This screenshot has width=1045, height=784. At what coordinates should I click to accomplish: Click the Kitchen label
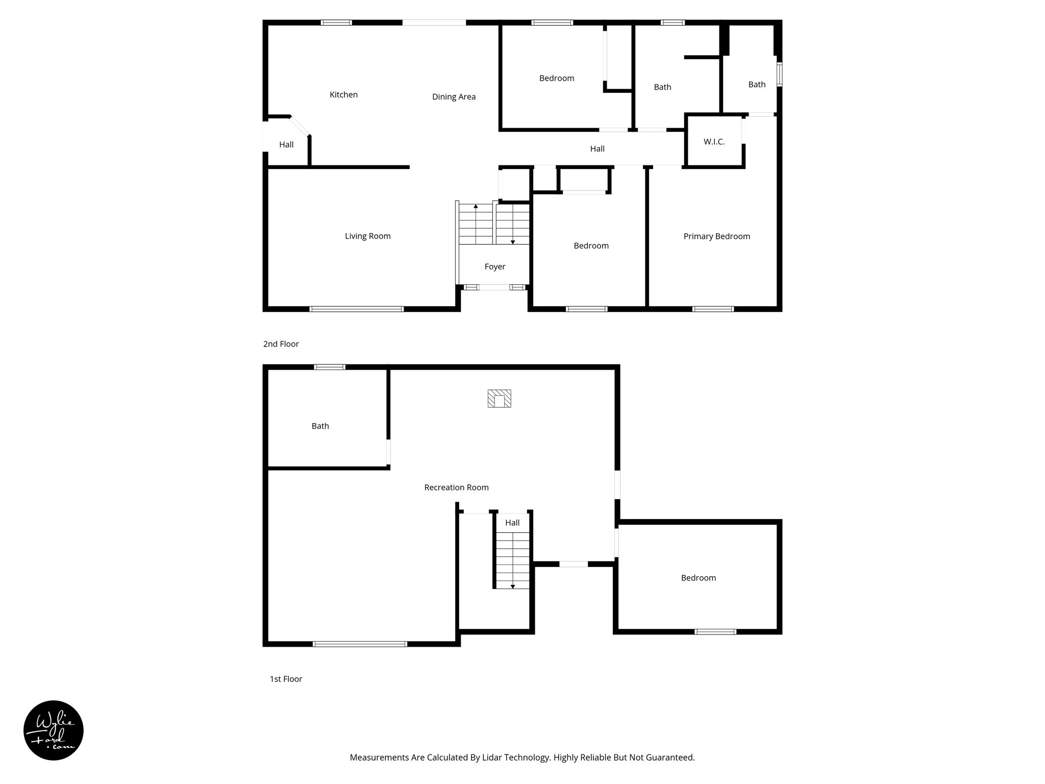(343, 94)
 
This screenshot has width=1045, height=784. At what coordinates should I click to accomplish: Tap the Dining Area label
(454, 96)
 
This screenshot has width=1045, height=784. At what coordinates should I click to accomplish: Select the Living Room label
(367, 236)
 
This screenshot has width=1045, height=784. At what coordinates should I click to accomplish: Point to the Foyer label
(494, 266)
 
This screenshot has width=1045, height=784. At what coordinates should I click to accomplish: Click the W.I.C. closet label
(714, 141)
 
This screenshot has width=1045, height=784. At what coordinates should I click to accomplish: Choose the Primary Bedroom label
(716, 236)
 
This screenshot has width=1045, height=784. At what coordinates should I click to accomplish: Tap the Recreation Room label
(456, 487)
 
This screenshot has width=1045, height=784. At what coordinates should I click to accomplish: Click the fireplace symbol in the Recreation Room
(499, 399)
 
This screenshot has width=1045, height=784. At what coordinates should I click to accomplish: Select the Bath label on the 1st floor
(320, 426)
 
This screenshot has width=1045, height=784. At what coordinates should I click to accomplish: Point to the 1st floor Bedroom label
(698, 578)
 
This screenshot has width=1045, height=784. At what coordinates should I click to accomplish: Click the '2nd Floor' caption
(281, 344)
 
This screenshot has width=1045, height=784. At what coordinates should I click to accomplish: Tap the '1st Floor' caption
(286, 679)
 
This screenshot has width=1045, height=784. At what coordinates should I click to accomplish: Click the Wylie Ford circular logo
(54, 730)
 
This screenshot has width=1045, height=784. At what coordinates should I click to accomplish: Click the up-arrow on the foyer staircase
(476, 207)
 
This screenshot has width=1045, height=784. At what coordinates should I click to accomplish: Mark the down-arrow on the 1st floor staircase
(512, 586)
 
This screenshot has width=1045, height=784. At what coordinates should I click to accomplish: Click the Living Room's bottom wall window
(356, 309)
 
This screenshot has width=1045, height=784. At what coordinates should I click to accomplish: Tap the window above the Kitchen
(336, 22)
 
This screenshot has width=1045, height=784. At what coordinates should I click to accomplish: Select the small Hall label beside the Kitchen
(286, 144)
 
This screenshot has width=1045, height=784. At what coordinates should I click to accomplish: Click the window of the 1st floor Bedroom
(715, 632)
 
